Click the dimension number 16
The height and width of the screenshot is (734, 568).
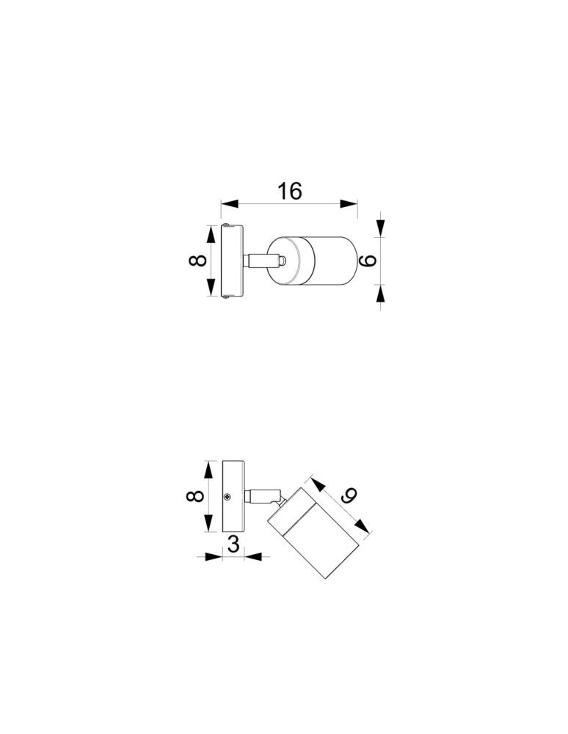point(289,191)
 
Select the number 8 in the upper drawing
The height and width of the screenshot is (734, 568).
point(195,261)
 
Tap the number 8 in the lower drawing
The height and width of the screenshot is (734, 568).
point(195,497)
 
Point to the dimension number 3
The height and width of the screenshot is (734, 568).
point(233,545)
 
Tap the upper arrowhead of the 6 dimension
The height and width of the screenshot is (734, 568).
point(380,228)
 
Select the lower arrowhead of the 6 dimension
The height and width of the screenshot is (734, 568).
point(380,295)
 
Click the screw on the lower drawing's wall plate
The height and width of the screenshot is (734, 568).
point(231,497)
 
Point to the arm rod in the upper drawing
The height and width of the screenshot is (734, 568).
point(261,261)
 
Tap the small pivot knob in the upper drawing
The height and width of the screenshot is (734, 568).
point(283,261)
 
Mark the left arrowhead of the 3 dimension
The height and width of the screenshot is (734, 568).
point(213,557)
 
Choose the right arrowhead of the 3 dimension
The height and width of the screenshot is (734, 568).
point(253,557)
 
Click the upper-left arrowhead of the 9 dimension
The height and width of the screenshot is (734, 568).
point(316,484)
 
